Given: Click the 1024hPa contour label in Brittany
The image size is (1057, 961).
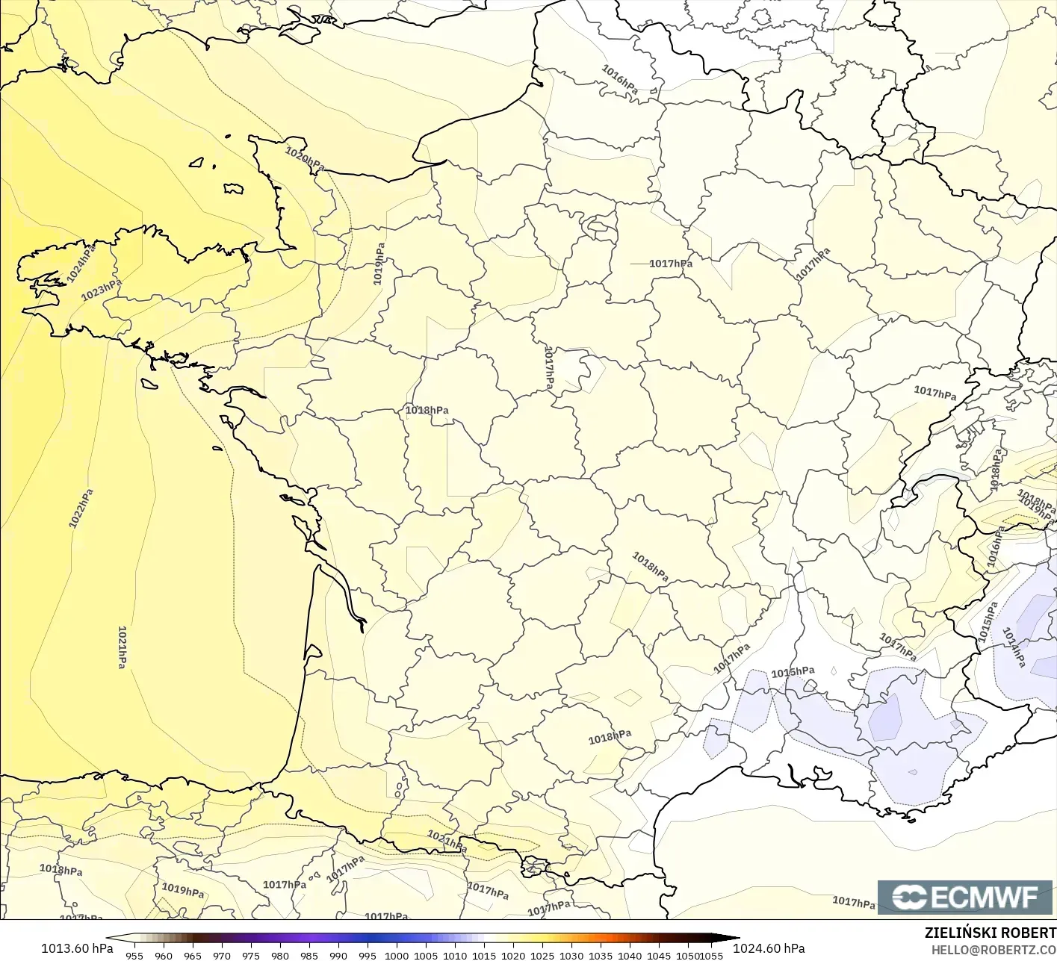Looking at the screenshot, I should pyautogui.click(x=81, y=263).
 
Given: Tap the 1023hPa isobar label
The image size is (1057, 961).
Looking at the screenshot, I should pyautogui.click(x=101, y=290).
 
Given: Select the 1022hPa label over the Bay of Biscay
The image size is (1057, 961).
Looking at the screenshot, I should pyautogui.click(x=81, y=509).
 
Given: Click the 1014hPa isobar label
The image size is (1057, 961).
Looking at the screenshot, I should pyautogui.click(x=1014, y=647).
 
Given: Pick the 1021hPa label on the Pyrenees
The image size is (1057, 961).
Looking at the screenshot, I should pyautogui.click(x=447, y=841).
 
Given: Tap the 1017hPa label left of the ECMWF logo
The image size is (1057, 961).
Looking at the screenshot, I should pyautogui.click(x=854, y=902).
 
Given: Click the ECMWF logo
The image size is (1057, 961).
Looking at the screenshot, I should pyautogui.click(x=964, y=897).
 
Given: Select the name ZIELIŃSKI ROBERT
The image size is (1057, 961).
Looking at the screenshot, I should pyautogui.click(x=990, y=933).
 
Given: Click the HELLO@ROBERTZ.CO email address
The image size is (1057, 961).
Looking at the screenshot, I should pyautogui.click(x=994, y=949).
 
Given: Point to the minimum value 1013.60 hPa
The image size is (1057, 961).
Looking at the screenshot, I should pyautogui.click(x=77, y=948).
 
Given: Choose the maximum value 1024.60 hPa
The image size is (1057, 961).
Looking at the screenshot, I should pyautogui.click(x=769, y=948).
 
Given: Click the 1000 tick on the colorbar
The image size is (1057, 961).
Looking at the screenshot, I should pyautogui.click(x=397, y=955).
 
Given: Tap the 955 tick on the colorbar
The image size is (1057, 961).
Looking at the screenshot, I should pyautogui.click(x=134, y=955).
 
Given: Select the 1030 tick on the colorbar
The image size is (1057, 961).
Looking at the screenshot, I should pyautogui.click(x=571, y=955).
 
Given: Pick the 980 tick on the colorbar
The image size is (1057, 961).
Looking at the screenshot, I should pyautogui.click(x=280, y=955).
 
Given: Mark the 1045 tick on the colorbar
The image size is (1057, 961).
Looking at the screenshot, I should pyautogui.click(x=659, y=955).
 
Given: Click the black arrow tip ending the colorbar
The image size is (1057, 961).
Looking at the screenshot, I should pyautogui.click(x=735, y=939).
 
